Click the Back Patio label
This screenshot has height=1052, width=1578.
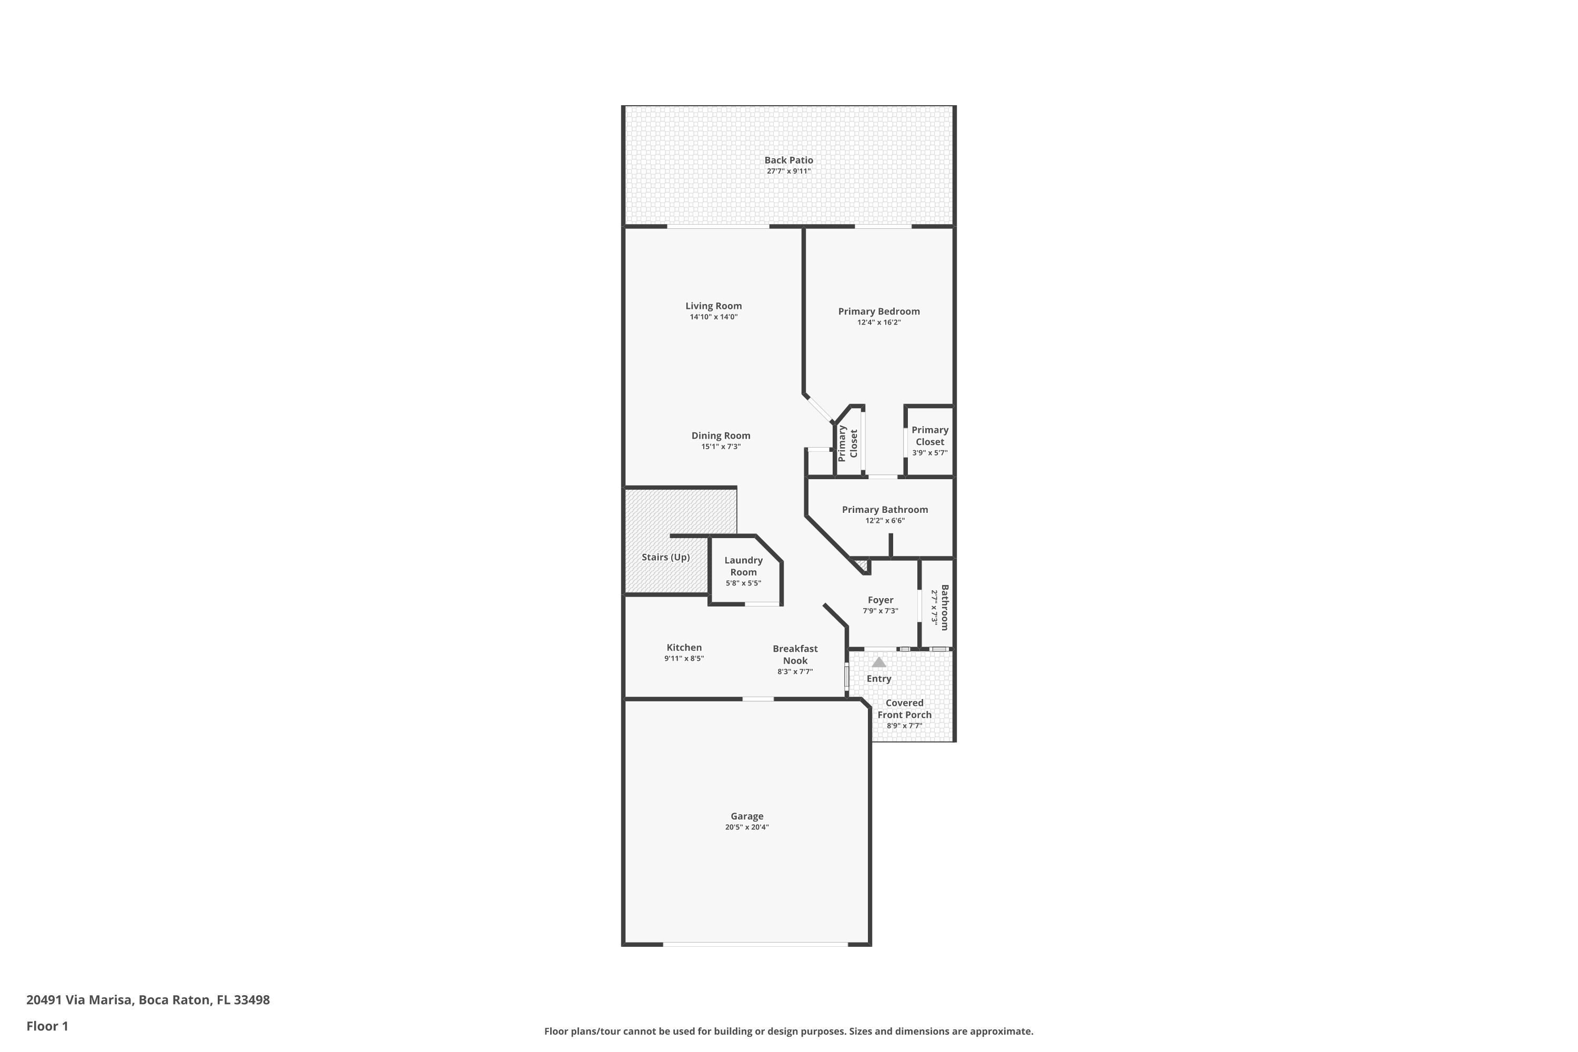tap(788, 160)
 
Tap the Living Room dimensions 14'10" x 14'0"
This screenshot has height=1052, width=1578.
tap(713, 317)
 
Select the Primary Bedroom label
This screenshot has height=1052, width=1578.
tap(879, 311)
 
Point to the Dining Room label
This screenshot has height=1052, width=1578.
tap(721, 436)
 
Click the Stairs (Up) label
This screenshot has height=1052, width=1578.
tap(665, 557)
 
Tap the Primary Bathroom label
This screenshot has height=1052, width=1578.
tap(885, 510)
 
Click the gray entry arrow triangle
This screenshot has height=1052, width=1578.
tap(878, 662)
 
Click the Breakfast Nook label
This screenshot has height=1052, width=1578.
tap(795, 655)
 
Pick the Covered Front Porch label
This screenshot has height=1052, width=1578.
tap(904, 709)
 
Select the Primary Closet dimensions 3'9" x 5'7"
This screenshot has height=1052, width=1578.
tap(930, 453)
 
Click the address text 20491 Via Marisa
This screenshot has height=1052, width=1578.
tap(80, 1000)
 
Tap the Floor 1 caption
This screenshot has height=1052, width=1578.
tap(47, 1026)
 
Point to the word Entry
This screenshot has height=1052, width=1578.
tap(879, 679)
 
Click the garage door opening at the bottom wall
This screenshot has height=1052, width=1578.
tap(755, 945)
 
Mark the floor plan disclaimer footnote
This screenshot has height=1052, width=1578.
tap(788, 1031)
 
